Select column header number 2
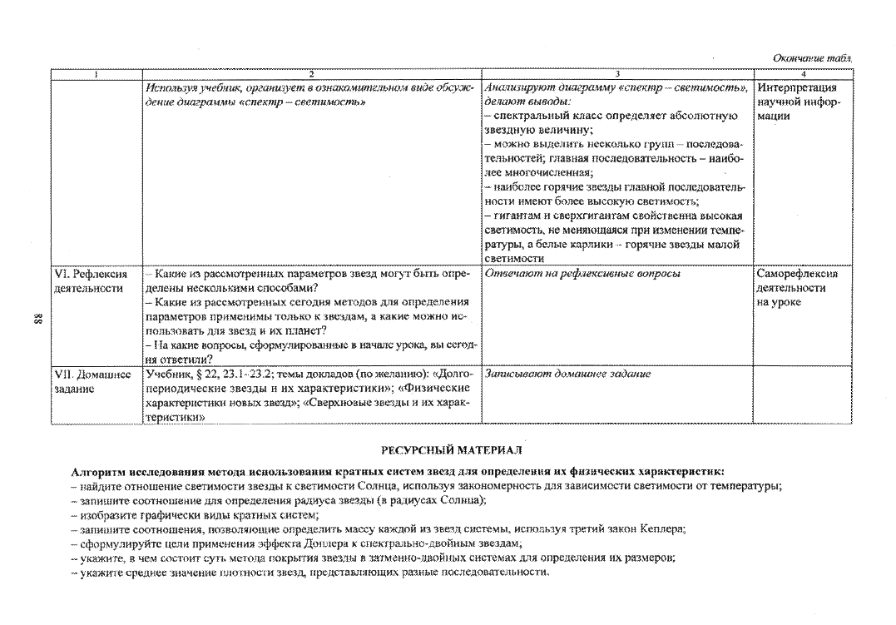coord(311,74)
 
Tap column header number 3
coord(617,74)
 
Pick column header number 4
coord(804,74)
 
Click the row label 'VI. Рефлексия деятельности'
coord(91,280)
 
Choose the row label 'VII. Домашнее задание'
coord(92,381)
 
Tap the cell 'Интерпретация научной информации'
coord(799,102)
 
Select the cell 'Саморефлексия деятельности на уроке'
coord(797,288)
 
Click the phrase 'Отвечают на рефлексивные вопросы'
coord(582,274)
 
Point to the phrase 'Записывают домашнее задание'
coord(567,374)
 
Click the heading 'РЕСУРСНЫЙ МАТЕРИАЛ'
coord(452,450)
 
